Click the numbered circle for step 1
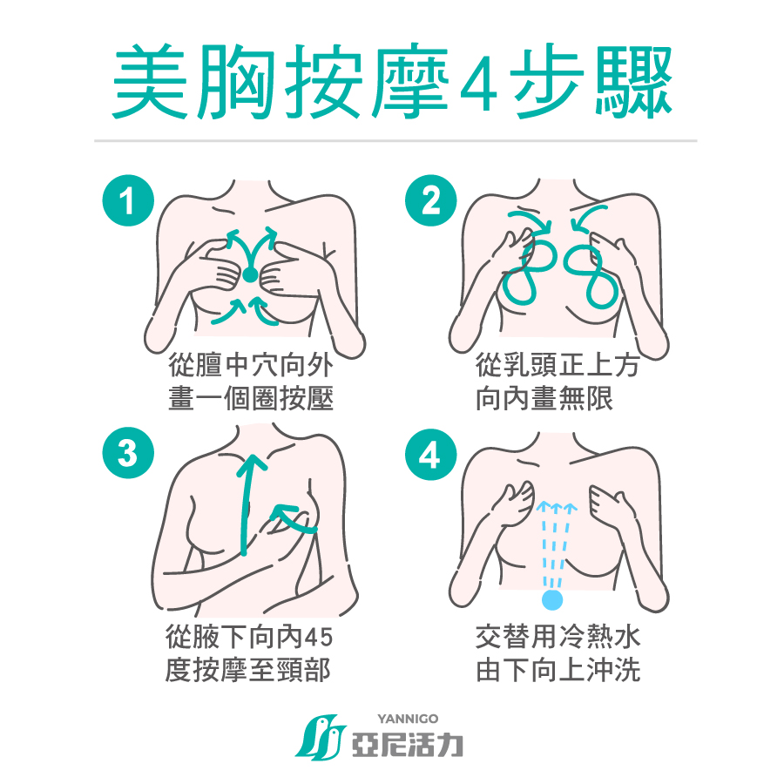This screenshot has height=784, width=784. pos(128,200)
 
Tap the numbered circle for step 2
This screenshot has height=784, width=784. pos(431,200)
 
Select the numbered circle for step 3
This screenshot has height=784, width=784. pos(128,453)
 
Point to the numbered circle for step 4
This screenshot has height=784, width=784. pos(431,455)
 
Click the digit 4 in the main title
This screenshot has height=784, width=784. pos(478,84)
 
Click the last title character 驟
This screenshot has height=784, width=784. pos(633,82)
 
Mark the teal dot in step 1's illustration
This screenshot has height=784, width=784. pos(250,275)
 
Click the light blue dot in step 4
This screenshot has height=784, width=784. pos(552,599)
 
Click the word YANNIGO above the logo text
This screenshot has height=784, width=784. pos(408,719)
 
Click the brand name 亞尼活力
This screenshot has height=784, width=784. pos(408,745)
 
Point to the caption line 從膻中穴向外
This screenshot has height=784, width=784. pos(251,365)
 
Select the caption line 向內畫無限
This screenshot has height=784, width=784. pos(544,398)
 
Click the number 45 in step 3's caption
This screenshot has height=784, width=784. pos(319,638)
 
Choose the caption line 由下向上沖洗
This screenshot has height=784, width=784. pos(558,671)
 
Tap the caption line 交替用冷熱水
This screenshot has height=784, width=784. pos(558,637)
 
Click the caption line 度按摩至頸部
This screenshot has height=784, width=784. pos(248,671)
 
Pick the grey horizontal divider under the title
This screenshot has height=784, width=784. pos(395,141)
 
